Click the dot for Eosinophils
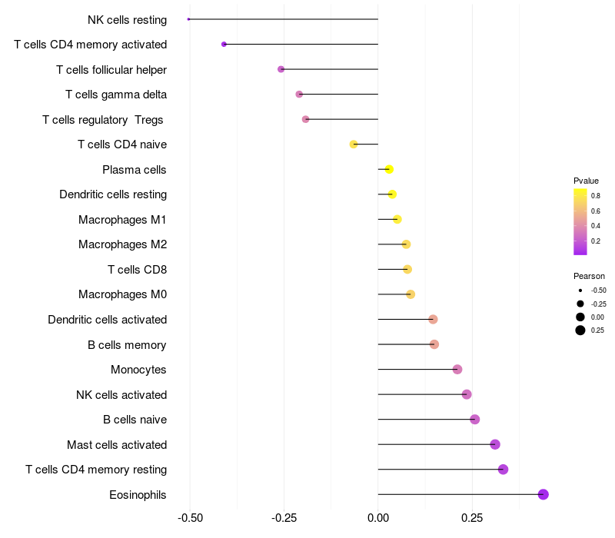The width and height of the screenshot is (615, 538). click(544, 494)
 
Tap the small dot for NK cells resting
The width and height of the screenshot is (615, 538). click(188, 19)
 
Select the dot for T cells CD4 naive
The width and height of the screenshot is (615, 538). click(354, 144)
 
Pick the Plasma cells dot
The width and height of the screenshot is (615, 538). click(389, 169)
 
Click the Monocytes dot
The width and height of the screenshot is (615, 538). click(457, 370)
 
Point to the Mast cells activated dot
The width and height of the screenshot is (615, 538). click(495, 444)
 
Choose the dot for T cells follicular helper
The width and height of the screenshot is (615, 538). click(281, 69)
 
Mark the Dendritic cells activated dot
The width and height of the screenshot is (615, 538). click(433, 319)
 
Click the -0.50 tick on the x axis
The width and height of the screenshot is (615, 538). click(190, 518)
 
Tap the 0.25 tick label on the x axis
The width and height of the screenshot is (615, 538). click(472, 518)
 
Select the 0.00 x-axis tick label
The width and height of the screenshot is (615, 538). click(378, 518)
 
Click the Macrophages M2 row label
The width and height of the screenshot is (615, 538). click(123, 244)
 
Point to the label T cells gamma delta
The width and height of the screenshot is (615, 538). click(116, 95)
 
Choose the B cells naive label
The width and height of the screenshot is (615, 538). click(135, 420)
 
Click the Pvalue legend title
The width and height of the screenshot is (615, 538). click(586, 181)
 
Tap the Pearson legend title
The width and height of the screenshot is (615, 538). click(589, 276)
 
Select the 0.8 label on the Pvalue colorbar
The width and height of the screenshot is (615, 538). click(596, 196)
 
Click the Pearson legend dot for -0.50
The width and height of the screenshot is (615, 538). click(580, 291)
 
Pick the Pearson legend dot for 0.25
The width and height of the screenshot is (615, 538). click(580, 330)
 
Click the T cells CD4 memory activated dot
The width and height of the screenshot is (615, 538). click(224, 45)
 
